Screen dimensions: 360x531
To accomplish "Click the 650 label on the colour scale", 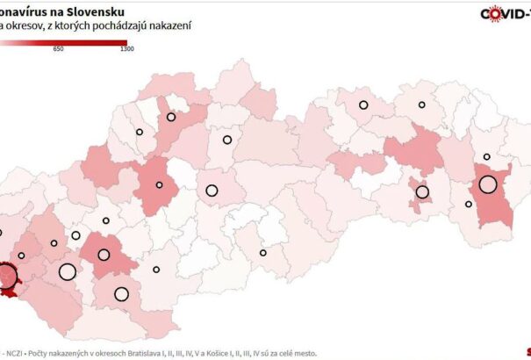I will [x=59, y=49].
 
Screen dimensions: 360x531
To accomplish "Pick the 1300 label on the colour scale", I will [x=126, y=49].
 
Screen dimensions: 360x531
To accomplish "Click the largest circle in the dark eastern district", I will [x=487, y=185].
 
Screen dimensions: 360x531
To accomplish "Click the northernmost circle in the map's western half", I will [x=171, y=116].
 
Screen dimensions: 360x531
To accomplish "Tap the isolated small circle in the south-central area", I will [x=262, y=254].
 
